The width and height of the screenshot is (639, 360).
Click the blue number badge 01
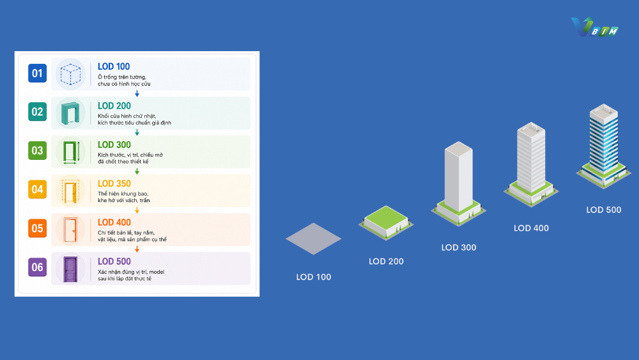[x=37, y=74]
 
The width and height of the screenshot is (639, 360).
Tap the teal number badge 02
[x=37, y=112]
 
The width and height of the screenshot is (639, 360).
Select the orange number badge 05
[x=37, y=228]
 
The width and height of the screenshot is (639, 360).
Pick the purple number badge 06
[x=37, y=267]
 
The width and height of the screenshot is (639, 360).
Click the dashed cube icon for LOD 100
[x=70, y=74]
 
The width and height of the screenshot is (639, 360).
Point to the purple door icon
[x=70, y=269]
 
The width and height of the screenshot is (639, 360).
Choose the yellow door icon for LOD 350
[x=70, y=191]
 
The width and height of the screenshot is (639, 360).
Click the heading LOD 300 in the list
[x=114, y=145]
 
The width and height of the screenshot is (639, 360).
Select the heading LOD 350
[x=114, y=184]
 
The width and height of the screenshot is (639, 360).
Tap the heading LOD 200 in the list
[x=114, y=106]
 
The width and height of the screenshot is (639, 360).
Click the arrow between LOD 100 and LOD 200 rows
[x=137, y=94]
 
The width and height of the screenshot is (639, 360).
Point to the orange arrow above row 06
[x=137, y=249]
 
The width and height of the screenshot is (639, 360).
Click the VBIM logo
[x=594, y=27]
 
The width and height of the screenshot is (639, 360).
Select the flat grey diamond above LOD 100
[x=313, y=239]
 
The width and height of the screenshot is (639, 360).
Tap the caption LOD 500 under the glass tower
[x=604, y=210]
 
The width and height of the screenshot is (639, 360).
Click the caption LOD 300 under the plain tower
[x=458, y=247]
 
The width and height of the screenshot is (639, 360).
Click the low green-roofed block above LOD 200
[x=386, y=223]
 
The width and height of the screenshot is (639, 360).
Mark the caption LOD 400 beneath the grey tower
[x=531, y=228]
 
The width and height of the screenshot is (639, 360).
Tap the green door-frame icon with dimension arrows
[x=70, y=152]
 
